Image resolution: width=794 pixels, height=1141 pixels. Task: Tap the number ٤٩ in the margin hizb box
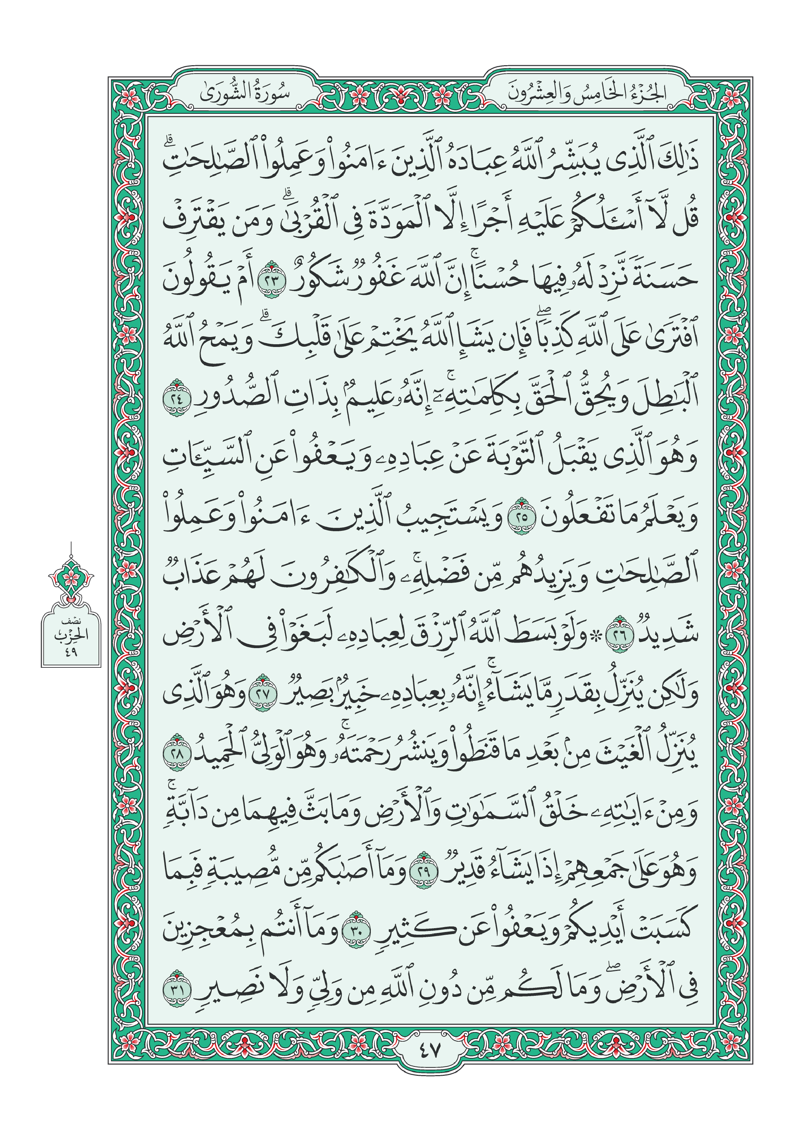coord(71,652)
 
